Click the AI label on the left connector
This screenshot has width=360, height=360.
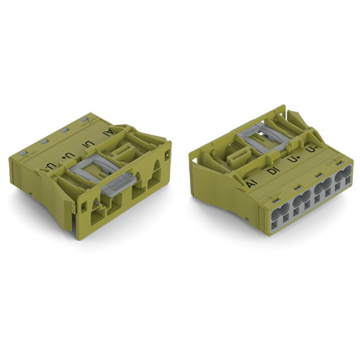pos(109,131)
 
